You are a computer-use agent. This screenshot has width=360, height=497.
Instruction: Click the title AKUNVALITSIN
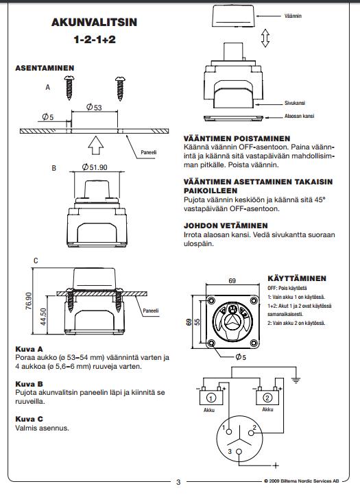(94, 22)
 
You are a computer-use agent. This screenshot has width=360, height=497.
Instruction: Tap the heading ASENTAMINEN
(45, 68)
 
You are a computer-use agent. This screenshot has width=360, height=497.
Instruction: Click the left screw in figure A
(69, 88)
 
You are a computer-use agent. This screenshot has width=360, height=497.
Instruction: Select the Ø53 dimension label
(94, 107)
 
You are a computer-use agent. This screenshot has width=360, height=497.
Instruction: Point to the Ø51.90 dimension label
(95, 167)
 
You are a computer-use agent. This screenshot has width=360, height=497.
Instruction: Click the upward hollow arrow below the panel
(96, 145)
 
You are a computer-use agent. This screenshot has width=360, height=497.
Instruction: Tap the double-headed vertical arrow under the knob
(265, 38)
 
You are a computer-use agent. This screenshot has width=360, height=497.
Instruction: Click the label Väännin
(293, 16)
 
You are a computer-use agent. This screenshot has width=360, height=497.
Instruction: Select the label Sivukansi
(295, 103)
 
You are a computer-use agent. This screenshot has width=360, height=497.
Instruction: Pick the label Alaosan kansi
(299, 116)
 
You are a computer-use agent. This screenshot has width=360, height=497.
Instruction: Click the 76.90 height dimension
(29, 301)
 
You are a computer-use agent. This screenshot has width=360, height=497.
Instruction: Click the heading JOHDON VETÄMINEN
(226, 226)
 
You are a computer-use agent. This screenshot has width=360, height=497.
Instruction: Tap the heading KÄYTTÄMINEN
(297, 278)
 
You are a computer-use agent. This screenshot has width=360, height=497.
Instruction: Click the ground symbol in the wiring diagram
(296, 379)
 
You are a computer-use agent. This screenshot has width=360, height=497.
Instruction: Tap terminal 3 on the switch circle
(239, 452)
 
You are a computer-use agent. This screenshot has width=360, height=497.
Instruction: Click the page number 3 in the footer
(178, 482)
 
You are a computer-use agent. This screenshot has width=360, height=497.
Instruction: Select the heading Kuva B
(29, 384)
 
